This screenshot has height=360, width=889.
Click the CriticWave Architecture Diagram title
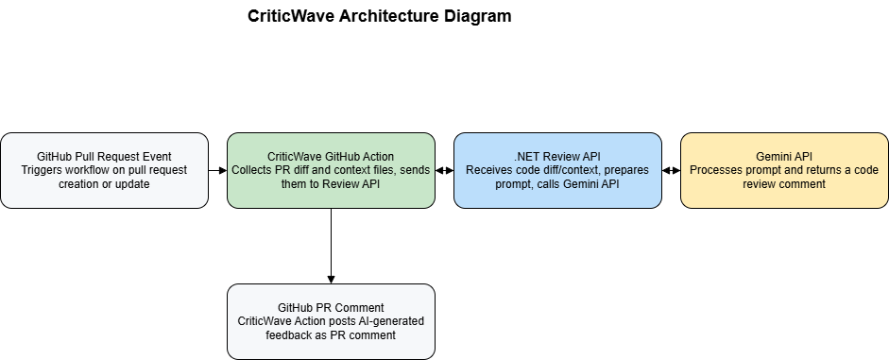pos(379,16)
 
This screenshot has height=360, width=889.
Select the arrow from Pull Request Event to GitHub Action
pos(217,170)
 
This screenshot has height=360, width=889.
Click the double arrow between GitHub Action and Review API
pos(444,170)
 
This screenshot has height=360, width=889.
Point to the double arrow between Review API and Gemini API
pos(671,170)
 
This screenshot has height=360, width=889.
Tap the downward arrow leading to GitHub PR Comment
pos(331,246)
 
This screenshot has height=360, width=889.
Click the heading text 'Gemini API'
pos(784,156)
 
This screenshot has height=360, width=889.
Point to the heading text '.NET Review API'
pos(557,156)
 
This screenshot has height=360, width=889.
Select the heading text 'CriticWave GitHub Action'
pos(331,156)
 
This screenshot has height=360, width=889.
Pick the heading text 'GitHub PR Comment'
pos(331,307)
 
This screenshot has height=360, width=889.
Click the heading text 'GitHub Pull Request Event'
pos(104,156)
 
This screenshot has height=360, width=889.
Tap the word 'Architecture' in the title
pos(393,16)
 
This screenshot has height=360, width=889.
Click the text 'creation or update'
pos(104,184)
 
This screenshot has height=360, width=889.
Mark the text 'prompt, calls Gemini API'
pos(557,184)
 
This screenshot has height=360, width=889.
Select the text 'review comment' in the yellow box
pos(784,184)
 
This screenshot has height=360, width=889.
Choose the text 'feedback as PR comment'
pos(331,335)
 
